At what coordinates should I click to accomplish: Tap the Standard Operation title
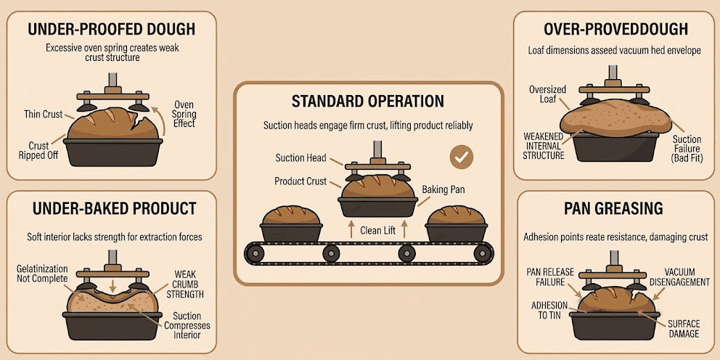(367, 101)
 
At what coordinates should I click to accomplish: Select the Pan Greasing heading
(613, 209)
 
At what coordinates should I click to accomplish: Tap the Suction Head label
(300, 157)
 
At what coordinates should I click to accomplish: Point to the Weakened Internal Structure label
(544, 145)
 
